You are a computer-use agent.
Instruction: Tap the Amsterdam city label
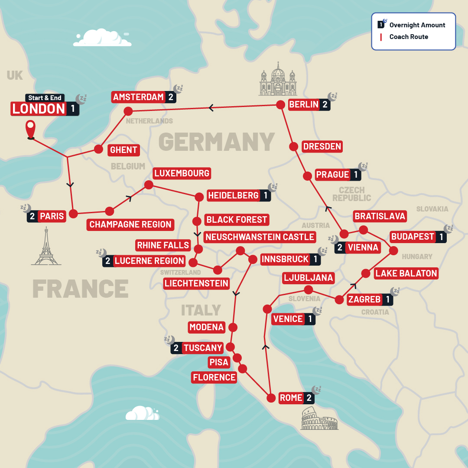[138, 97]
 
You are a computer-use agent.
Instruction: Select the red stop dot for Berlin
[281, 105]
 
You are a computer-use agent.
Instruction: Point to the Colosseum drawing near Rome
[319, 418]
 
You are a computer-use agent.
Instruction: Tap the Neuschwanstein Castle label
[260, 237]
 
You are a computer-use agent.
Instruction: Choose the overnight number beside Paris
[32, 216]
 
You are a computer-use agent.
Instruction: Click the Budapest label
[413, 237]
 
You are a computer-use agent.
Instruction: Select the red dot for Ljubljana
[309, 289]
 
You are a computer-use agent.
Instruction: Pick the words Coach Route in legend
[409, 37]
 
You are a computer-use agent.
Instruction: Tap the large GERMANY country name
[216, 141]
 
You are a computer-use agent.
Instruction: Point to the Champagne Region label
[130, 224]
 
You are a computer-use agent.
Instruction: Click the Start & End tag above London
[45, 98]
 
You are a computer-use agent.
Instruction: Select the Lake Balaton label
[406, 273]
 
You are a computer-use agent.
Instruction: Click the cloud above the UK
[102, 38]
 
